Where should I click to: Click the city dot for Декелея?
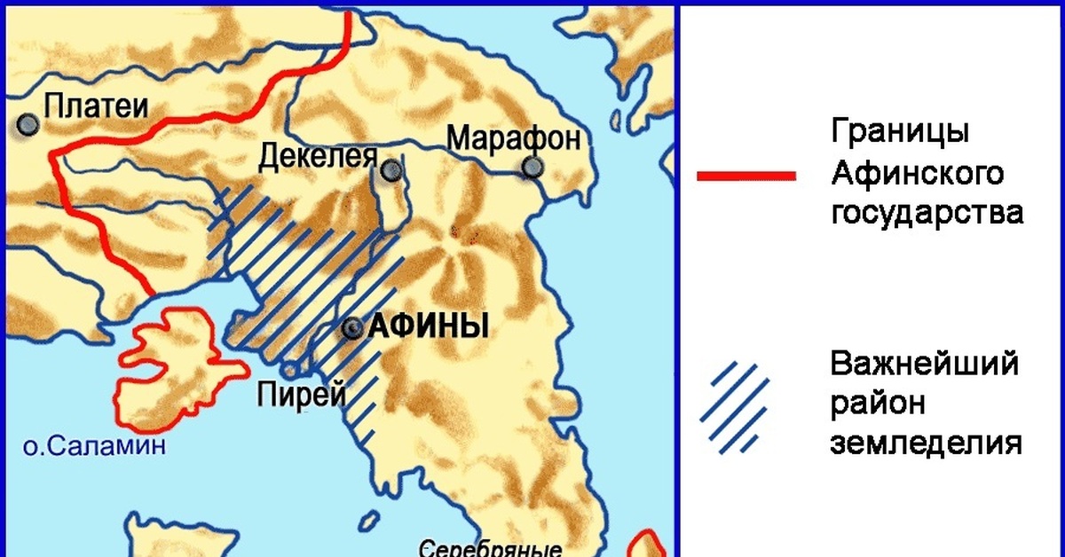click(x=390, y=171)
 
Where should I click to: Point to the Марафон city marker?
click(x=532, y=167)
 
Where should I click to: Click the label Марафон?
click(x=514, y=137)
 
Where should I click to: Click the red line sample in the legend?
click(x=745, y=176)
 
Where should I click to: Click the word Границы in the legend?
click(x=899, y=133)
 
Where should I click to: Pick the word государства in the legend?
click(x=927, y=214)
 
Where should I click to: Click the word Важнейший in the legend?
click(x=924, y=364)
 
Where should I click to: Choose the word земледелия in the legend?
click(x=926, y=443)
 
